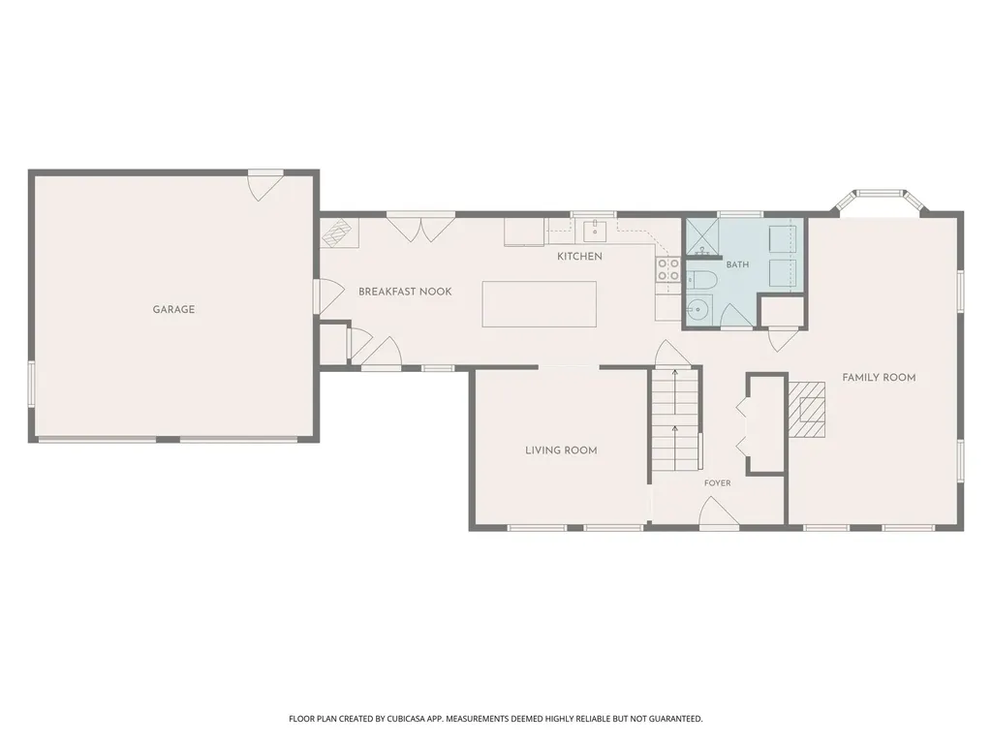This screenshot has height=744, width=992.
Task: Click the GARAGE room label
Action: point(173,309)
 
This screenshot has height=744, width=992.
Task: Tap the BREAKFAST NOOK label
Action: point(405,292)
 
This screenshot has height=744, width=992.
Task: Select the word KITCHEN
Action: point(579,256)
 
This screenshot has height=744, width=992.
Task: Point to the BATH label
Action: point(737,264)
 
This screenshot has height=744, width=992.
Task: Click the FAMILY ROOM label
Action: point(879,378)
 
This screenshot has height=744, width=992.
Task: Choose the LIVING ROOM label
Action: point(561,450)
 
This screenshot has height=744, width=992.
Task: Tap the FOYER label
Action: point(718,482)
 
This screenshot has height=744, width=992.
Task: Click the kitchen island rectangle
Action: point(539,304)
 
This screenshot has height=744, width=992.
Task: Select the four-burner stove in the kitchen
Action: point(668,270)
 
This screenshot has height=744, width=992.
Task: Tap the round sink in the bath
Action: point(698,309)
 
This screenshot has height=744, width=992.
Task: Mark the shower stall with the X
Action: point(701,236)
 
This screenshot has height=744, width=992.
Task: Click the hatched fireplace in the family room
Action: point(807,410)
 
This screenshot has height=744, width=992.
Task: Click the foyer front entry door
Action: point(720,513)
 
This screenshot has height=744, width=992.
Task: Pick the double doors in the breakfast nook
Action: point(420,229)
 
